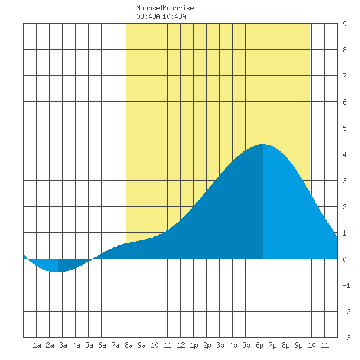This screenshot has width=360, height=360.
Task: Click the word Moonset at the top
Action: point(150,8)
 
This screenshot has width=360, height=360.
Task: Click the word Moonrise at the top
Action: point(179,8)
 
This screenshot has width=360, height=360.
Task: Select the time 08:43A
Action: point(148,16)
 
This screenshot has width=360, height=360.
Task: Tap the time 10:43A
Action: point(174,16)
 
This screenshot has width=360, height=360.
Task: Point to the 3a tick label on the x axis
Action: point(63,345)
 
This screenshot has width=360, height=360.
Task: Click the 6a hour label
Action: point(102,345)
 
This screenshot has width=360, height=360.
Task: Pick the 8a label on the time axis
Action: point(128,345)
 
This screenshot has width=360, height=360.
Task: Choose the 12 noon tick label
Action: point(181,345)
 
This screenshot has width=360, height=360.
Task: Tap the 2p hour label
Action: point(207,345)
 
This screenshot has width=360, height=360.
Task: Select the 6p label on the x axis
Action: point(259,345)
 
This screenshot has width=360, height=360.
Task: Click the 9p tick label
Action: point(298,345)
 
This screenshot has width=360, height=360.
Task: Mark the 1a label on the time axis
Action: point(37,345)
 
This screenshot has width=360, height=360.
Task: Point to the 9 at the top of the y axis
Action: point(344,24)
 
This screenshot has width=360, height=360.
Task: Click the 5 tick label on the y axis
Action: point(344,128)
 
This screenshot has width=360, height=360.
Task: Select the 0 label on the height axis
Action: point(344,259)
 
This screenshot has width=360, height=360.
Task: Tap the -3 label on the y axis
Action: point(346,338)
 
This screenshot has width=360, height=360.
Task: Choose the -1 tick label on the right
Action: point(346,285)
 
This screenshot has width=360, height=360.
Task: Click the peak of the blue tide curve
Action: point(262,144)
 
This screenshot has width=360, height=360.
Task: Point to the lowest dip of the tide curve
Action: point(58,272)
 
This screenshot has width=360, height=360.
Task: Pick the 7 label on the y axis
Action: point(344,76)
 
